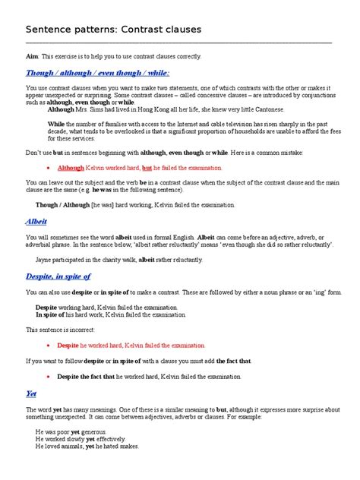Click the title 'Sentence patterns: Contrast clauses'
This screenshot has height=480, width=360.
click(113, 30)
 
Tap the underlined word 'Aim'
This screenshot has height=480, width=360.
click(33, 57)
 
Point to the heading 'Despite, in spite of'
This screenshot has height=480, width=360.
click(58, 276)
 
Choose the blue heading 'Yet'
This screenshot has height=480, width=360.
click(31, 394)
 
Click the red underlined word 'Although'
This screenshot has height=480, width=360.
click(71, 167)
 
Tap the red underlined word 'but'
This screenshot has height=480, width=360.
click(147, 167)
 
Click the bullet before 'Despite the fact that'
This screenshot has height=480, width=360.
click(49, 377)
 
